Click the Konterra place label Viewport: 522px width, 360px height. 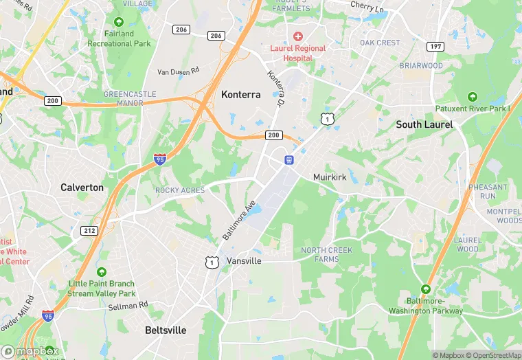(x=240, y=95)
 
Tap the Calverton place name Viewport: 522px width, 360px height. (x=82, y=188)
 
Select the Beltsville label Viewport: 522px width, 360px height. (x=165, y=330)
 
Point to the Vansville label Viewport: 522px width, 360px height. (x=245, y=262)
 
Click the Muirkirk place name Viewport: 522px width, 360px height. (x=330, y=177)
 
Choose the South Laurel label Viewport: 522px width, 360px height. (x=424, y=125)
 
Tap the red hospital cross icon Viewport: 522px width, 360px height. (x=297, y=36)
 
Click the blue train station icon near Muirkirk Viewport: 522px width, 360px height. (x=289, y=160)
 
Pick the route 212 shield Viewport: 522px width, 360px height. (x=89, y=231)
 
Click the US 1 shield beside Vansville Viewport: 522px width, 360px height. (x=212, y=262)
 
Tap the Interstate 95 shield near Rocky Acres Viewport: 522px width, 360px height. (x=159, y=160)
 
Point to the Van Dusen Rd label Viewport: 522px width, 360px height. (x=178, y=71)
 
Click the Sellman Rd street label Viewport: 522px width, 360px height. (x=128, y=305)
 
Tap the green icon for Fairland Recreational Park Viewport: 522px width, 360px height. (x=118, y=22)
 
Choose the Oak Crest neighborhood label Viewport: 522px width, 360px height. (x=380, y=43)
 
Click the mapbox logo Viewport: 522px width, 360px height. (x=30, y=351)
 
